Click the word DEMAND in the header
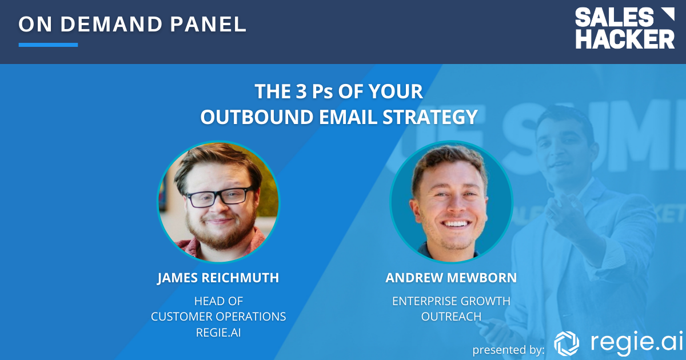click(111, 24)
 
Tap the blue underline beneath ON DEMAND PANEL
click(48, 45)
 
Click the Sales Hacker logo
click(625, 28)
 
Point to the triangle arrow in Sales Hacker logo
click(668, 14)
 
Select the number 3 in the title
click(301, 91)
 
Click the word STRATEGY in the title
click(430, 117)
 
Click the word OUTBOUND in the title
click(257, 117)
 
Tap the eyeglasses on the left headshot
click(221, 197)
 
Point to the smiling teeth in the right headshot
click(456, 223)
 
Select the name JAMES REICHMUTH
click(218, 278)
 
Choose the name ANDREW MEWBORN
click(451, 278)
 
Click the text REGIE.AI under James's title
click(218, 333)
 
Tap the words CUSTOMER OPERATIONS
click(218, 317)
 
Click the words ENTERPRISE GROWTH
click(451, 301)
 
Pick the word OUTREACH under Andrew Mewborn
click(451, 317)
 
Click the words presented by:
click(508, 350)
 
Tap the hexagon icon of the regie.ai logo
click(567, 343)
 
